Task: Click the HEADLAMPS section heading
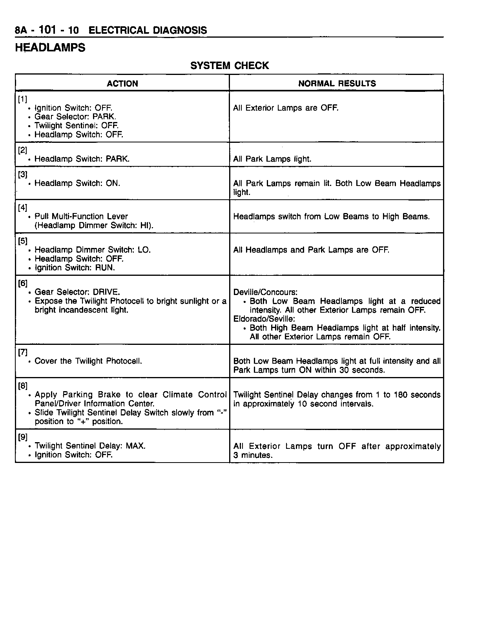pyautogui.click(x=50, y=48)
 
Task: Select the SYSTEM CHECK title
pyautogui.click(x=230, y=66)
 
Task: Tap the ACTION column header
pyautogui.click(x=122, y=84)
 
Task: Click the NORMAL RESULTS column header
pyautogui.click(x=337, y=84)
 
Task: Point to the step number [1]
pyautogui.click(x=22, y=99)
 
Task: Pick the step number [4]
pyautogui.click(x=22, y=208)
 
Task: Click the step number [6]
pyautogui.click(x=22, y=283)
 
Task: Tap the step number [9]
pyautogui.click(x=22, y=437)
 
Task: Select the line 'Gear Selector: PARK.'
pyautogui.click(x=75, y=117)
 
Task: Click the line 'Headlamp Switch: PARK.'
pyautogui.click(x=82, y=159)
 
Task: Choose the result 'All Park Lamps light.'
pyautogui.click(x=272, y=159)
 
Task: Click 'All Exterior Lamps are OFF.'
pyautogui.click(x=286, y=108)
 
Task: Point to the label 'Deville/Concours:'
pyautogui.click(x=265, y=292)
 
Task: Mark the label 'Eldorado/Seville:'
pyautogui.click(x=264, y=319)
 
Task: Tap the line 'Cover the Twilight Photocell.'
pyautogui.click(x=88, y=361)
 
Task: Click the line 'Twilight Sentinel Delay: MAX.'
pyautogui.click(x=90, y=446)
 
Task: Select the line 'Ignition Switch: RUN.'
pyautogui.click(x=75, y=268)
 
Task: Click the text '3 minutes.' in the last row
pyautogui.click(x=253, y=455)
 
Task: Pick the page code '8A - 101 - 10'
pyautogui.click(x=47, y=30)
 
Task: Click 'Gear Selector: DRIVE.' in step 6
pyautogui.click(x=77, y=292)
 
